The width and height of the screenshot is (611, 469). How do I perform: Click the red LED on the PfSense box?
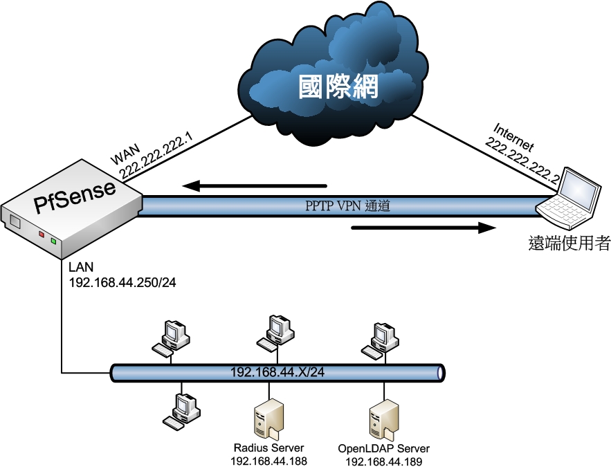tap(42, 235)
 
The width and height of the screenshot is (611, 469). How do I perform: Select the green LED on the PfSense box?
tap(53, 241)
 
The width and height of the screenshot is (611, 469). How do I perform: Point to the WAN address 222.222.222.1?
tap(155, 158)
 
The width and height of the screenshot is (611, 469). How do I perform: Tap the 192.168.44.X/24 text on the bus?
tap(277, 373)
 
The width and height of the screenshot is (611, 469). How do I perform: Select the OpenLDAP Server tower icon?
tap(383, 419)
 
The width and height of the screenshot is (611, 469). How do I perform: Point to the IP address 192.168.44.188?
tap(268, 461)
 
